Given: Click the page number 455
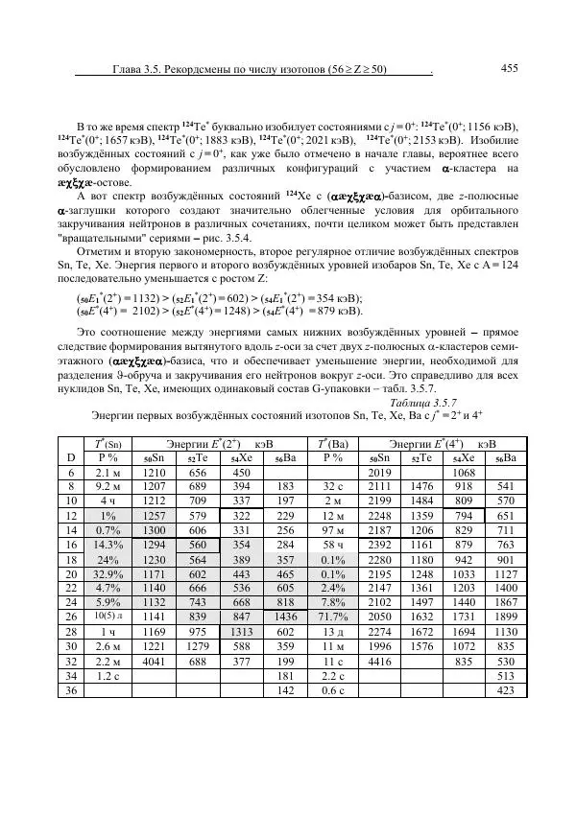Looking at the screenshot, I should pyautogui.click(x=510, y=68).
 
